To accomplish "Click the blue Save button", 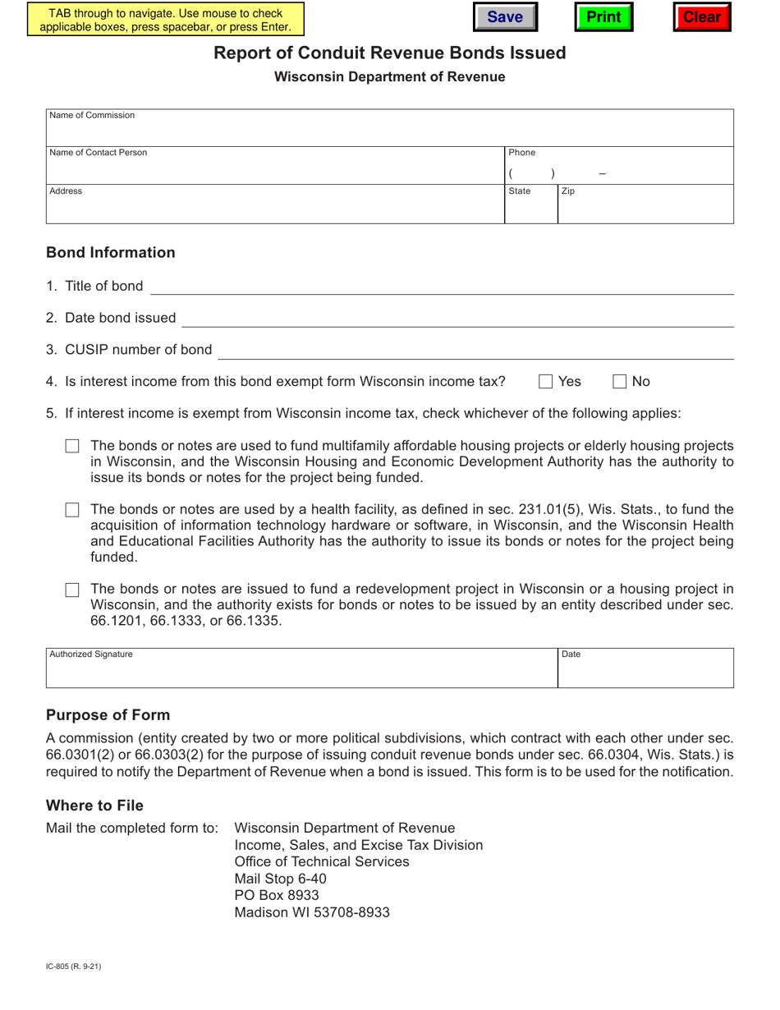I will (505, 17).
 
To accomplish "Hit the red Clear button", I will (702, 17).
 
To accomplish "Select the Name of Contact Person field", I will (275, 172).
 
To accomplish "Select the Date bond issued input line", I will (457, 318).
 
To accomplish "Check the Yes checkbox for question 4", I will (546, 381).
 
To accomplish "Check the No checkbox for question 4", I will (621, 381).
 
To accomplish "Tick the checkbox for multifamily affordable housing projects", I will (72, 447).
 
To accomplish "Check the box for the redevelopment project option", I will (72, 590).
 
